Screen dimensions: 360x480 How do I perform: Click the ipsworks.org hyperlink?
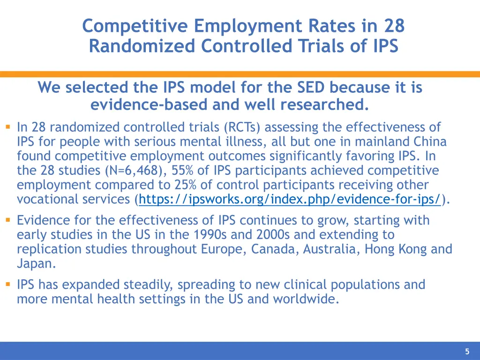tap(290, 199)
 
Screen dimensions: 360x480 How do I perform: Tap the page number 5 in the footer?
tap(467, 352)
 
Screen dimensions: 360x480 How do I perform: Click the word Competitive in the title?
tap(136, 26)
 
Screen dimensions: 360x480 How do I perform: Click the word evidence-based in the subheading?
tap(149, 105)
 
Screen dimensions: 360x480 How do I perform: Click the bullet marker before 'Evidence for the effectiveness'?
tap(8, 220)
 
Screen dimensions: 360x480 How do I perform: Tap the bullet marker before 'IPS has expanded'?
tap(8, 284)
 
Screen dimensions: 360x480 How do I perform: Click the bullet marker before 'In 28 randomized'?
tap(8, 127)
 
